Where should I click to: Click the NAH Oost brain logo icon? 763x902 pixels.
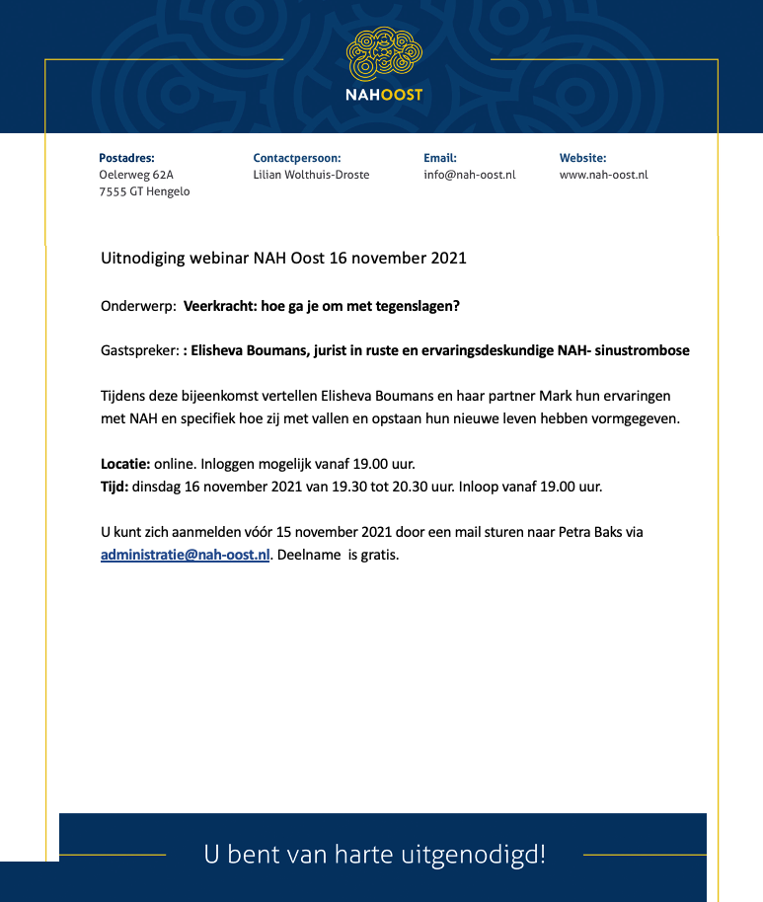coord(385,54)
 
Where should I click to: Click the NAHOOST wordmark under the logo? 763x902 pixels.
coord(385,95)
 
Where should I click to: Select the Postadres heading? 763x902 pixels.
coord(126,158)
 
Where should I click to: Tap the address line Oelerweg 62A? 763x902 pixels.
coord(136,175)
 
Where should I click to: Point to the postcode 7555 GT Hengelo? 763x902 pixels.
coord(144,191)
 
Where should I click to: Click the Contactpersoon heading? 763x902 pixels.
coord(296,158)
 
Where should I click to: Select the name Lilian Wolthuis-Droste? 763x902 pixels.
coord(311,175)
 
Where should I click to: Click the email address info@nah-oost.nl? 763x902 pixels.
coord(469,175)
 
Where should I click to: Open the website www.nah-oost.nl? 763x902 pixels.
coord(603,175)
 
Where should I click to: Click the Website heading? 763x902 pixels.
coord(582,158)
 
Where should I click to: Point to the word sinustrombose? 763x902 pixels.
coord(645,350)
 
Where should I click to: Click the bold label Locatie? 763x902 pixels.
coord(124,463)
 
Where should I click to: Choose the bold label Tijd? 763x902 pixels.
coord(114,486)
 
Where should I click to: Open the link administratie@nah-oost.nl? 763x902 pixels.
coord(185,555)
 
